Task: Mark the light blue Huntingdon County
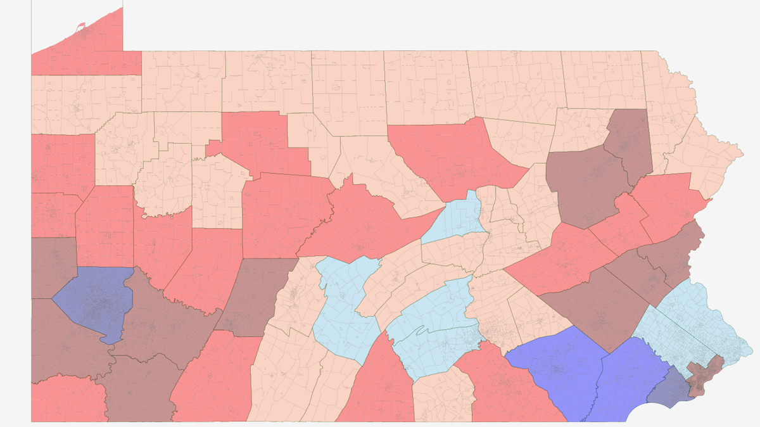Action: (345, 304)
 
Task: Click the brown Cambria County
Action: (253, 291)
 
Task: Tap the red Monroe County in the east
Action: (668, 203)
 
